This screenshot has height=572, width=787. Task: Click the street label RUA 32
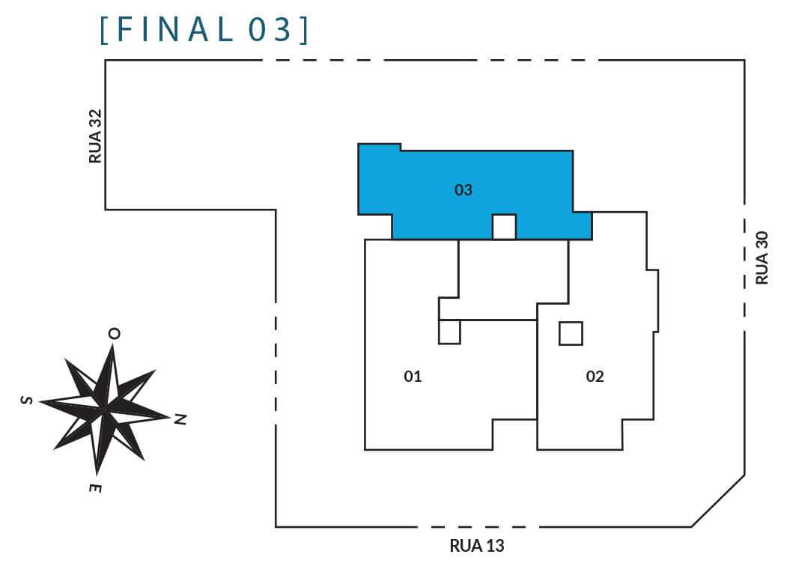point(95,136)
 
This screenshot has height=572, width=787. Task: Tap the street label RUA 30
point(762,258)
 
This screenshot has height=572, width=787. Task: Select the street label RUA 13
point(477,546)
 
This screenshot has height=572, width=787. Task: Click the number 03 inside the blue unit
point(464,190)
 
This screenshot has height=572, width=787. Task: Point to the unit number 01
point(413,377)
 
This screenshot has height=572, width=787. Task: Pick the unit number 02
point(595,377)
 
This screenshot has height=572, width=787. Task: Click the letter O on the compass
point(115,334)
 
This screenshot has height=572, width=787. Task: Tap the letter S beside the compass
point(27,400)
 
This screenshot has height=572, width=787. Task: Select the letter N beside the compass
point(180,419)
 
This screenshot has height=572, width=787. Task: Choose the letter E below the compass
point(95,488)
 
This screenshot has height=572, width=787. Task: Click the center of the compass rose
point(104,409)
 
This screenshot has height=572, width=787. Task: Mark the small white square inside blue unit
point(504,227)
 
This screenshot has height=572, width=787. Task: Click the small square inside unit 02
point(571,334)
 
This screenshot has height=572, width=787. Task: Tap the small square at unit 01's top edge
point(449,332)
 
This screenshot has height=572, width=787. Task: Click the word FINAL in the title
point(176,29)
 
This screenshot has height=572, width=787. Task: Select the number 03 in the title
point(270,29)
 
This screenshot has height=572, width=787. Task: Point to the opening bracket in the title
point(104,30)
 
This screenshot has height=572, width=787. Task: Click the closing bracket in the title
point(304,30)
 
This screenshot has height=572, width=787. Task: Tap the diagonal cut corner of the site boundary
point(718,501)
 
